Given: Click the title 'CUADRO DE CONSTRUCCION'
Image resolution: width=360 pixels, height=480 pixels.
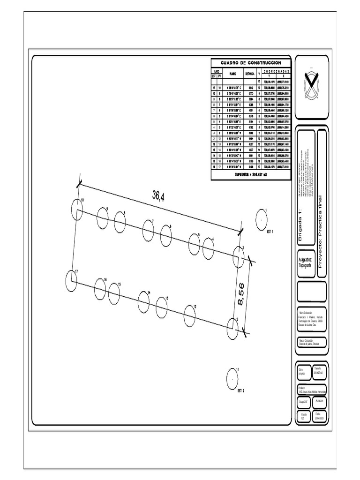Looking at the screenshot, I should coord(251,63).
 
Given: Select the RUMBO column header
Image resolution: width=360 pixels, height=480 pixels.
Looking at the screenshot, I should coord(232,74).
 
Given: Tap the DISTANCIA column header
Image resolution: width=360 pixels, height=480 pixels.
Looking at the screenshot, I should coord(250,74).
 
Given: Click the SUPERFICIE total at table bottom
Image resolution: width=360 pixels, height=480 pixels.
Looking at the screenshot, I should coord(251,173).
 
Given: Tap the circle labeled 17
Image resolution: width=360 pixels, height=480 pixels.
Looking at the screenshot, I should coord(71,279).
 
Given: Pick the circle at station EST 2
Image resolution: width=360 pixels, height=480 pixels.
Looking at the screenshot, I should coord(232,378).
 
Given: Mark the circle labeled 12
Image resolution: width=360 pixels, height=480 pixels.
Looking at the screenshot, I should coord(189,314).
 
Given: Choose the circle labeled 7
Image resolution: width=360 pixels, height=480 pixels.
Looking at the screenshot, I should coord(149,229).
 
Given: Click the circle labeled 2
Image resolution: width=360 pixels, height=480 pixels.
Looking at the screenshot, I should coord(232,328).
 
